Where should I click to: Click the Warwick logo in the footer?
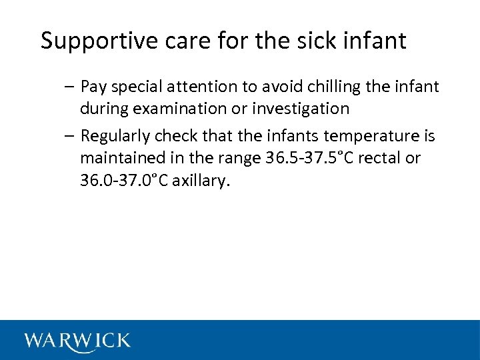(77, 340)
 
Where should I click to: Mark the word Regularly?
(115, 137)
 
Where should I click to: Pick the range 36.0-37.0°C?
(124, 179)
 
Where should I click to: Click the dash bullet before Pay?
(71, 87)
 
